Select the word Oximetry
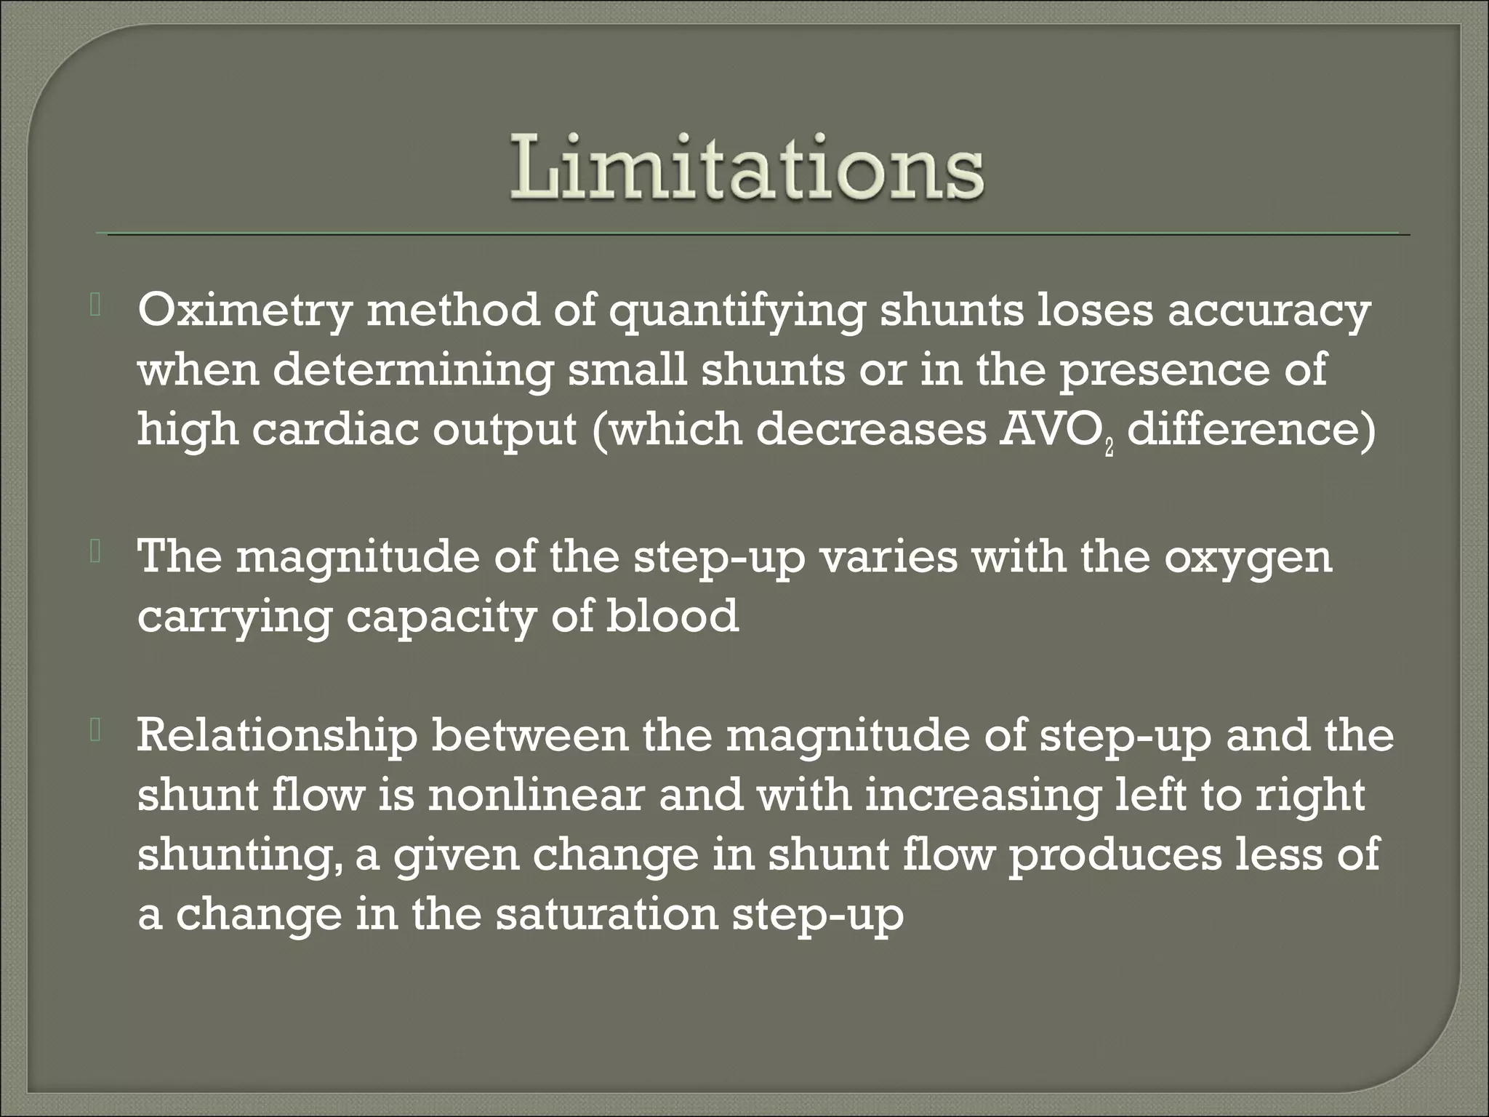pos(244,313)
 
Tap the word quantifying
pos(737,313)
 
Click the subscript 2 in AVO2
pos(1109,447)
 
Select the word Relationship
pos(277,736)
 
